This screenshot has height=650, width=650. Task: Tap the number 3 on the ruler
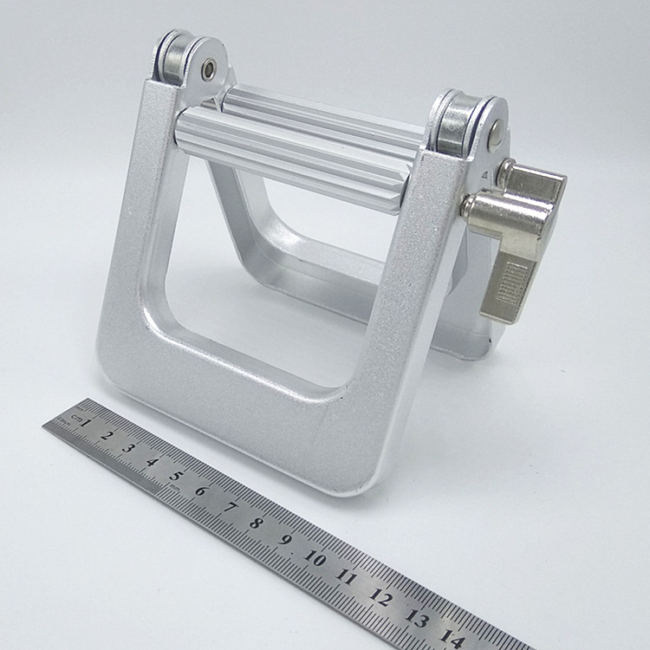(x=129, y=447)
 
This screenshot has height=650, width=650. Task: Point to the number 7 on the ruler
(x=229, y=506)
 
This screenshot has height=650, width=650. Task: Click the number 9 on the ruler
(x=285, y=539)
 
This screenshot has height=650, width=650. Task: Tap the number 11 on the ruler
(x=348, y=576)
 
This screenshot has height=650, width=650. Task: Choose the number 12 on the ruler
(x=380, y=596)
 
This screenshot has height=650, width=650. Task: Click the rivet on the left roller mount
(x=209, y=68)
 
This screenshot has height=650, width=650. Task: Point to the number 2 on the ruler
(x=107, y=435)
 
